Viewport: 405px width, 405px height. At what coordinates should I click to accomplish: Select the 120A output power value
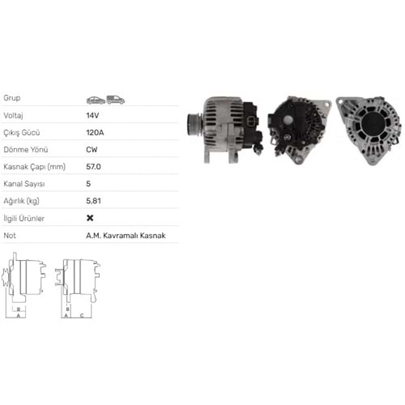pos(95,132)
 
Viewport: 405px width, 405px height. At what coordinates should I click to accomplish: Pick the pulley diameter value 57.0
pos(93,166)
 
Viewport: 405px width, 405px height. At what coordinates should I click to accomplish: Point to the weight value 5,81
pos(93,200)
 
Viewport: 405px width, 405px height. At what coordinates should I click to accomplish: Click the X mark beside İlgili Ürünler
pos(90,218)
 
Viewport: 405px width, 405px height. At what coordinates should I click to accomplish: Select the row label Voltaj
pos(15,115)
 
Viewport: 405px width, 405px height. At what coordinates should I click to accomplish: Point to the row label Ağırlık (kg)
pos(22,200)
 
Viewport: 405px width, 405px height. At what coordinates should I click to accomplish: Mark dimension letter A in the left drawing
pos(19,317)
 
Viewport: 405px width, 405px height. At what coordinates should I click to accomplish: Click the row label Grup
pos(12,98)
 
